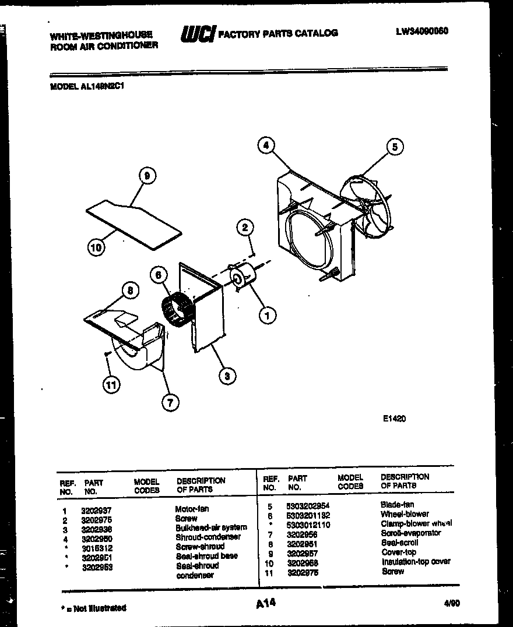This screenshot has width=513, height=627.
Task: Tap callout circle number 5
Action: (x=395, y=147)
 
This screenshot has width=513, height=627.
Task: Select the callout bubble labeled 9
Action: (x=147, y=175)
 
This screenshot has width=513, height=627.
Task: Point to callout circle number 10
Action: (x=97, y=248)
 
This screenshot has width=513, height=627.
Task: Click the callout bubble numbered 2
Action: (x=245, y=227)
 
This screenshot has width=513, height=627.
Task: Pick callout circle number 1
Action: (x=267, y=316)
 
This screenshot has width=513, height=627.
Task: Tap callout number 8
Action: (x=130, y=291)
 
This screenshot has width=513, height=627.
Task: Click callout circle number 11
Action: (x=109, y=383)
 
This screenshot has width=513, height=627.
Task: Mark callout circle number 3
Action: (x=227, y=376)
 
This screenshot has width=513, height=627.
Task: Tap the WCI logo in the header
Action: (x=197, y=34)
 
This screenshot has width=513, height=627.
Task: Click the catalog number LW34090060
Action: (x=421, y=31)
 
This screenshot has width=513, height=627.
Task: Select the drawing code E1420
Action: (x=395, y=418)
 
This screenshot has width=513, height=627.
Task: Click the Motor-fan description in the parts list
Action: (x=192, y=509)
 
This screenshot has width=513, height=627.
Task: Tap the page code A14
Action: (x=265, y=604)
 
